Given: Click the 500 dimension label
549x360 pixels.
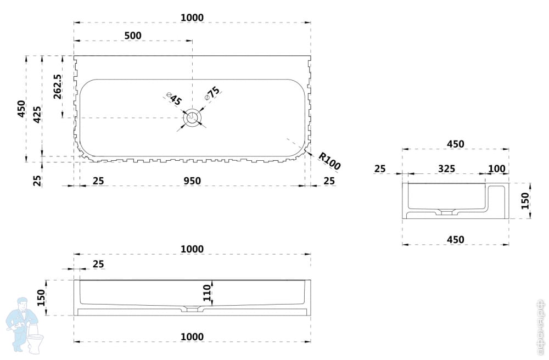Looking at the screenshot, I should (x=133, y=36).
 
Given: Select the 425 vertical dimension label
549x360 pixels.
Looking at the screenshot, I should (x=37, y=115).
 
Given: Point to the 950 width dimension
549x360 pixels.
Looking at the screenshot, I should (x=192, y=181).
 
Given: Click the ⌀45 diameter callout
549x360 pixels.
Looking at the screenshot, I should (x=175, y=99).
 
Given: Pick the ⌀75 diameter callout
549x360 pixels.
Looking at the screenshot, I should (x=212, y=93).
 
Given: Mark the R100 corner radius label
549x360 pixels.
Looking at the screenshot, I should (x=329, y=162).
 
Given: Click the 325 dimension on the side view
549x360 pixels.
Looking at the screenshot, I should (x=446, y=168).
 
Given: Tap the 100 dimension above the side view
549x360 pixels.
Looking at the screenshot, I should (x=496, y=168).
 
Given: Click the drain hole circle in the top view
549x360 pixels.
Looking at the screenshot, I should (x=192, y=117).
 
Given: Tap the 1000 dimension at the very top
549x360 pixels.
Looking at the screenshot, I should (x=192, y=18).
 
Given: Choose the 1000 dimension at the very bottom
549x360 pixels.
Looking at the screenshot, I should (x=192, y=337).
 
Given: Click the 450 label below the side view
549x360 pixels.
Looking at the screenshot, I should (x=455, y=239).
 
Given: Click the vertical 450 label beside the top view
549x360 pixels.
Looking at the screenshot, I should (x=21, y=109).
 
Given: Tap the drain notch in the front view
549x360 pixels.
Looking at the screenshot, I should (x=192, y=310).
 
